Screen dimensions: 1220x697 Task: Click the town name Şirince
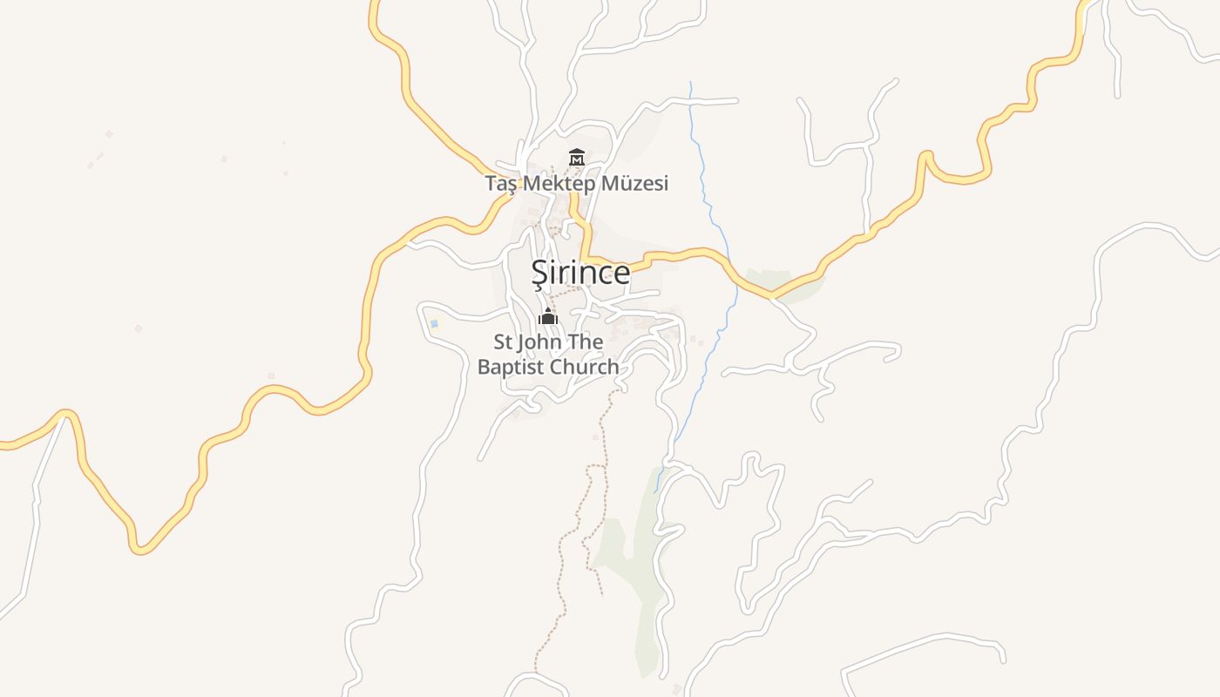pyautogui.click(x=580, y=273)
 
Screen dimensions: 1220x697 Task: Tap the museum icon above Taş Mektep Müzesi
pyautogui.click(x=576, y=158)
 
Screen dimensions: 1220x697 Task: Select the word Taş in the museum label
pyautogui.click(x=501, y=184)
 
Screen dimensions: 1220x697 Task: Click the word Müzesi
pyautogui.click(x=640, y=184)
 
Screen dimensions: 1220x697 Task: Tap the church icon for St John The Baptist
pyautogui.click(x=548, y=315)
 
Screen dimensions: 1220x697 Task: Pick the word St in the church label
pyautogui.click(x=504, y=342)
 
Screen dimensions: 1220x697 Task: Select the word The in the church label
pyautogui.click(x=586, y=342)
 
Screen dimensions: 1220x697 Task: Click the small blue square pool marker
pyautogui.click(x=434, y=324)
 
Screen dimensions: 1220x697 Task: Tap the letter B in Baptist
pyautogui.click(x=485, y=367)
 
